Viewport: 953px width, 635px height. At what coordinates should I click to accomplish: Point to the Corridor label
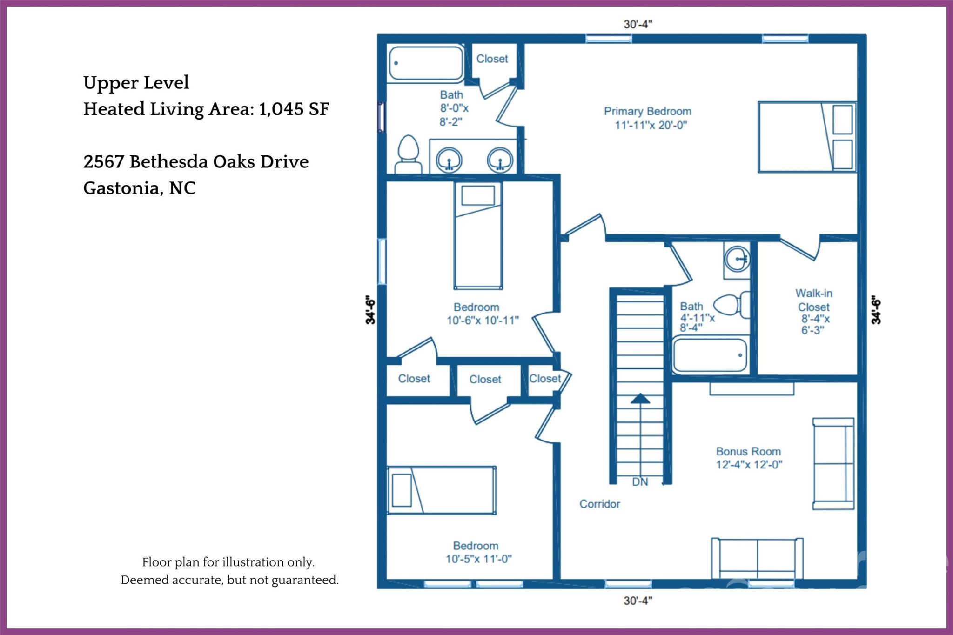coord(599,504)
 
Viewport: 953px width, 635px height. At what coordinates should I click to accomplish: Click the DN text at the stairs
coord(640,482)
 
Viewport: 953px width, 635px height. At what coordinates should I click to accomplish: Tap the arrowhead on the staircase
coord(640,399)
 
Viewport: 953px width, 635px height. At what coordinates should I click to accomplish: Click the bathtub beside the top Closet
coord(425,63)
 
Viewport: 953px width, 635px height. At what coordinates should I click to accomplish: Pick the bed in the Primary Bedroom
coord(806,137)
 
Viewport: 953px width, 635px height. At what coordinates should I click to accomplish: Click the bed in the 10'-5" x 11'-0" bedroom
coord(441,490)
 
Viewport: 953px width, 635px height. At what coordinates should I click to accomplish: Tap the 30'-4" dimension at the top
coord(638,24)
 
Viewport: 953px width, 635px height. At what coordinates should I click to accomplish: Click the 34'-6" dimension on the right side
coord(876,309)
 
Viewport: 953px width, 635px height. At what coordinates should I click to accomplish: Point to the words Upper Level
coord(136,82)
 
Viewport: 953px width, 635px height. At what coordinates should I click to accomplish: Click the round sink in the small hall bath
coord(737,258)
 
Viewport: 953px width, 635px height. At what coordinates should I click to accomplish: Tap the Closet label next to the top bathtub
coord(492,59)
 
